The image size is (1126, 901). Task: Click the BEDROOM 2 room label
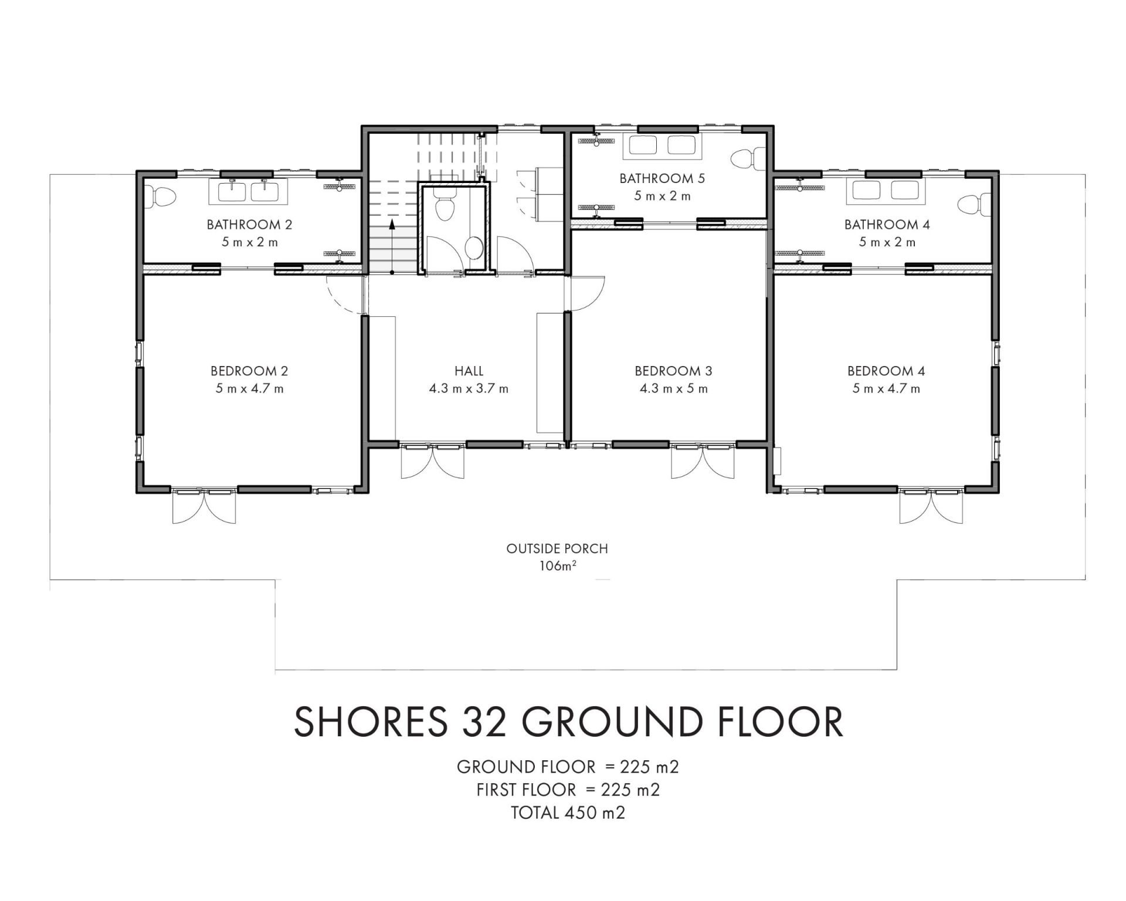pos(249,371)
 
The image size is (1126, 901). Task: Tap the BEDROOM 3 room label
pos(673,371)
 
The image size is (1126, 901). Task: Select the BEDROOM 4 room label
pos(886,371)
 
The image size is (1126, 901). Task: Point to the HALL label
pos(469,371)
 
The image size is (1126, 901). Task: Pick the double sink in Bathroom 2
pos(249,191)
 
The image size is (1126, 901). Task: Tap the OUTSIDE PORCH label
pos(557,548)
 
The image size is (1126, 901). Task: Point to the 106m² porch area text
pos(557,566)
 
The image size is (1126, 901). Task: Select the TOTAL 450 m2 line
pos(568,812)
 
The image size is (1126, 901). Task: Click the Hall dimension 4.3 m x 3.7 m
pos(469,388)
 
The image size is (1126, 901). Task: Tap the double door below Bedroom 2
pos(204,505)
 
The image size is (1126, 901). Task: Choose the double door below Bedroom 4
pos(931,505)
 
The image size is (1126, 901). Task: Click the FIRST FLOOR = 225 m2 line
pos(568,790)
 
